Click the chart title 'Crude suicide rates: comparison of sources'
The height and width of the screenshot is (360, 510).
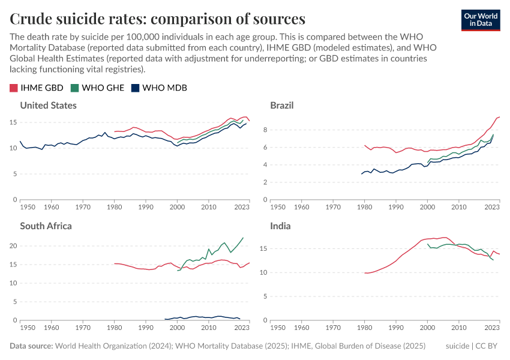[157, 19]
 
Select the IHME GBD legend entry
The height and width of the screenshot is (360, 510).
[37, 88]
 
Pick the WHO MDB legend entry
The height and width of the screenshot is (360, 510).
[159, 88]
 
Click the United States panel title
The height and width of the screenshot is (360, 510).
[48, 106]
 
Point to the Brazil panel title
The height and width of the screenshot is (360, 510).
[281, 106]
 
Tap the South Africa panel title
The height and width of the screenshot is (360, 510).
[46, 226]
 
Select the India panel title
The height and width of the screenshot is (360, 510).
[280, 226]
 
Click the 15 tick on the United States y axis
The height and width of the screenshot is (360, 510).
[14, 122]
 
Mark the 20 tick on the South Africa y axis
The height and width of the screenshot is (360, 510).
[14, 246]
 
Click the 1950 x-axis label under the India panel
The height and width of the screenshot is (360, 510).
[278, 328]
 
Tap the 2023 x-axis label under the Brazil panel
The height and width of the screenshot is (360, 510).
[492, 207]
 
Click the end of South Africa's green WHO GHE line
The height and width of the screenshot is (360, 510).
[243, 238]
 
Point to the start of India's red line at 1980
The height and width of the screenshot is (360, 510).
[365, 273]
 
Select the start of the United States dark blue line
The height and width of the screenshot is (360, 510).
[20, 142]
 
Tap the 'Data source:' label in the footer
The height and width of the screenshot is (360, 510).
[31, 346]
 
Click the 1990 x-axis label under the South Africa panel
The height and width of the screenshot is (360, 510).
[146, 328]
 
